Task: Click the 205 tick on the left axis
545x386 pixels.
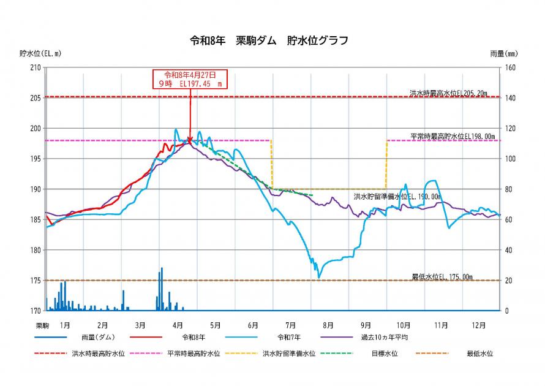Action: pyautogui.click(x=34, y=98)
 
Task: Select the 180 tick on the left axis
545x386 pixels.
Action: pyautogui.click(x=34, y=250)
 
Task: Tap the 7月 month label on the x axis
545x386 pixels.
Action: pyautogui.click(x=290, y=325)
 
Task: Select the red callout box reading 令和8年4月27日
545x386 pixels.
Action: pyautogui.click(x=190, y=79)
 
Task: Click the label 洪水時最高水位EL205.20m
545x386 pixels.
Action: pyautogui.click(x=448, y=93)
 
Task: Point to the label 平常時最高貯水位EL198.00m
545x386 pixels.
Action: pyautogui.click(x=452, y=136)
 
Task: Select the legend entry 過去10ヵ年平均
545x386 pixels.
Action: pyautogui.click(x=384, y=337)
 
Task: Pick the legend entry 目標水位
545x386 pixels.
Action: pyautogui.click(x=384, y=354)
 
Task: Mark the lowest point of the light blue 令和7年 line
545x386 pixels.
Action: pyautogui.click(x=318, y=277)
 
